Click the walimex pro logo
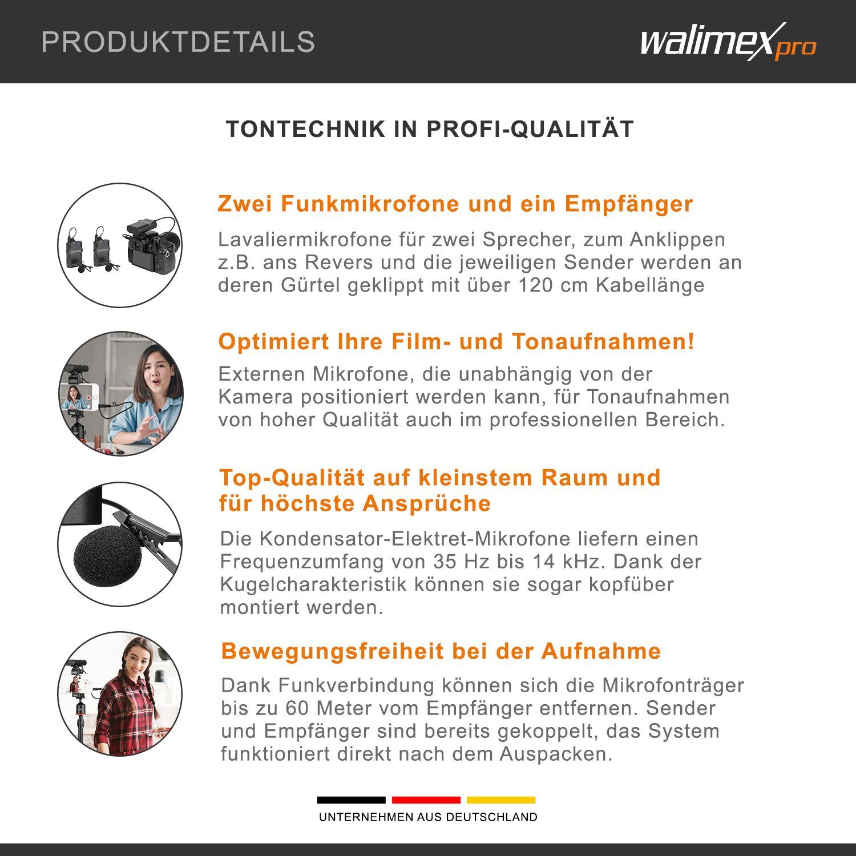pyautogui.click(x=728, y=42)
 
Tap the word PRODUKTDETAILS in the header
pyautogui.click(x=178, y=42)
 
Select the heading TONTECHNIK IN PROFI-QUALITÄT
pyautogui.click(x=430, y=129)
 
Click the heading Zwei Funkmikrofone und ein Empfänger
pyautogui.click(x=455, y=204)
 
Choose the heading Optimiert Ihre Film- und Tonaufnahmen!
pyautogui.click(x=457, y=342)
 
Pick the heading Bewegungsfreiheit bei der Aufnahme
pyautogui.click(x=441, y=651)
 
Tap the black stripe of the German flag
pyautogui.click(x=351, y=800)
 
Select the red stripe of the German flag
pyautogui.click(x=426, y=800)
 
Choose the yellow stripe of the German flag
pyautogui.click(x=501, y=800)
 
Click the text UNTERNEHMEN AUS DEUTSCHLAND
pyautogui.click(x=428, y=817)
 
